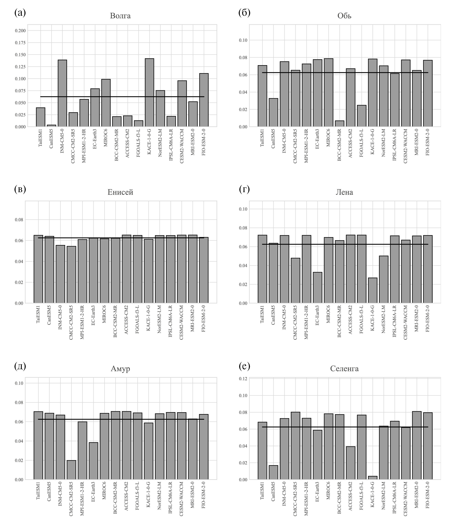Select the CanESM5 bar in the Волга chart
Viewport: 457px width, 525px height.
[x=51, y=125]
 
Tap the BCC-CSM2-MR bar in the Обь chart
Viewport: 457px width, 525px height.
[x=339, y=123]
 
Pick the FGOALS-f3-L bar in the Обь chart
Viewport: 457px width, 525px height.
[x=361, y=116]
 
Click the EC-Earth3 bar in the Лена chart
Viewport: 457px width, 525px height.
[x=317, y=287]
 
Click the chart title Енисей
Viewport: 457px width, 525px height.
[x=120, y=192]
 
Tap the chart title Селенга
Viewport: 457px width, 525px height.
[x=344, y=368]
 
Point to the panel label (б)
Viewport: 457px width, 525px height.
[x=244, y=12]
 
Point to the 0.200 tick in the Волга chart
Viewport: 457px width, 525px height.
[x=20, y=31]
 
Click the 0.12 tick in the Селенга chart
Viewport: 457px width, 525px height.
[x=243, y=379]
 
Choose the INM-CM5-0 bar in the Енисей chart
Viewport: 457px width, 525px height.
[x=60, y=274]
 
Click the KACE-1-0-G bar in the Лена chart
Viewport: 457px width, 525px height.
[x=373, y=290]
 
